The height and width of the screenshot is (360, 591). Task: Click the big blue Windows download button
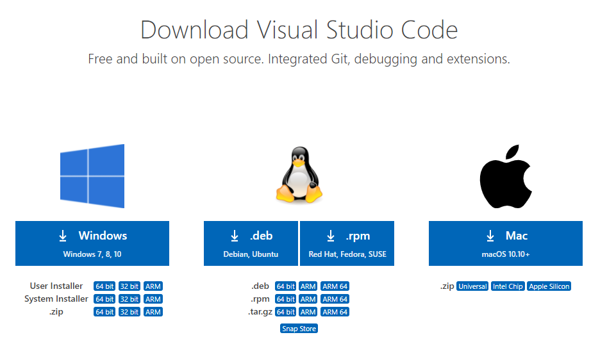[92, 243]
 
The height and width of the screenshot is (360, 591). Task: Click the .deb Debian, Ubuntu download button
[251, 243]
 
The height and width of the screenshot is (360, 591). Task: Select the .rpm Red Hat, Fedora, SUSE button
[347, 243]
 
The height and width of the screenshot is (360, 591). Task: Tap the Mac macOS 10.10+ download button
[506, 243]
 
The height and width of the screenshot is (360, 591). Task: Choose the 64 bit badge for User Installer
[104, 286]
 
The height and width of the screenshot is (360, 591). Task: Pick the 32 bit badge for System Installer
[129, 299]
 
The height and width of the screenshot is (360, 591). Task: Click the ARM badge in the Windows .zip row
[153, 312]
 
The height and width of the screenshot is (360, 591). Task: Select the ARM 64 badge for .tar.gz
[335, 312]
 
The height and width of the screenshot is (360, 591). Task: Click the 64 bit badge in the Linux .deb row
[286, 286]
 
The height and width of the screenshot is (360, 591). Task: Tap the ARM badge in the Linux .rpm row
[308, 299]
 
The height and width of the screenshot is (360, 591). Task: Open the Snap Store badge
[299, 329]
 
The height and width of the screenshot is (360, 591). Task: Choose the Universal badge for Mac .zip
[472, 286]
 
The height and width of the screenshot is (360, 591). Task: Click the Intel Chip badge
[508, 286]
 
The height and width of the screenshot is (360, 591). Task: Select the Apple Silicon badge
[549, 286]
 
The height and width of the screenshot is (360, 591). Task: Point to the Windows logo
[92, 176]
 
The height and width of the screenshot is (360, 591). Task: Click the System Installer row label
[56, 299]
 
